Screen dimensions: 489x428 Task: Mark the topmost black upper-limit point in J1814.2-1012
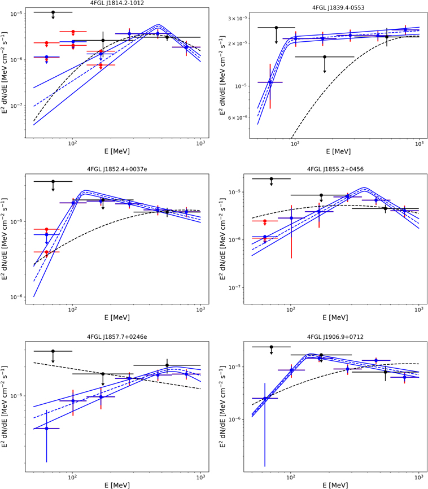point(53,12)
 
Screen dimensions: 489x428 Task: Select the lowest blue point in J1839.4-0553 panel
point(270,82)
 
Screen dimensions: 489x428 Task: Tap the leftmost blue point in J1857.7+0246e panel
point(46,429)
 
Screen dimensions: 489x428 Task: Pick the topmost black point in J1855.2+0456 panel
point(271,179)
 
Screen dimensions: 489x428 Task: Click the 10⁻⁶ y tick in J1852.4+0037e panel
point(17,298)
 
